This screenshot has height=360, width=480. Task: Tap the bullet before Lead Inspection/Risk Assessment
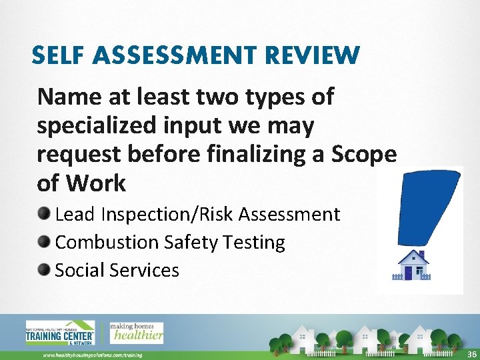tap(45, 214)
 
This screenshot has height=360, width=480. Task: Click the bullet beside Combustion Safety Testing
tap(45, 242)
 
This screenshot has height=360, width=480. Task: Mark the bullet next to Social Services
tap(45, 270)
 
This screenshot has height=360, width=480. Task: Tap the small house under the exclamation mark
tap(413, 265)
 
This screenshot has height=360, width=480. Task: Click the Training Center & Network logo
tap(60, 334)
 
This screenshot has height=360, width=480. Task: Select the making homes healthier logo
tap(136, 332)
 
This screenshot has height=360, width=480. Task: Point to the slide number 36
tap(471, 354)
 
